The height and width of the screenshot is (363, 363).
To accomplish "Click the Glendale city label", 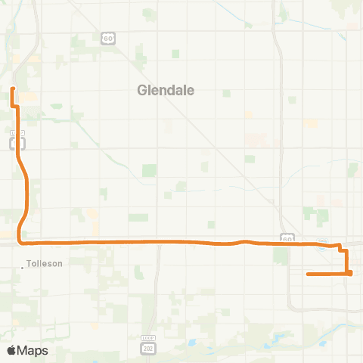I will click(166, 90).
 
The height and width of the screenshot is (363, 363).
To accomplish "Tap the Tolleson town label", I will click(45, 264).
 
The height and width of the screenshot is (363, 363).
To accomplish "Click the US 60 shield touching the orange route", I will click(287, 237).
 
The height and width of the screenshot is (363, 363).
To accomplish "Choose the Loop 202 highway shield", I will click(148, 346).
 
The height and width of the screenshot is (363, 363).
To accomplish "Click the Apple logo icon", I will click(12, 350).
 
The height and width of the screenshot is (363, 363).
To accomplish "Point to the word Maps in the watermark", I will click(33, 350).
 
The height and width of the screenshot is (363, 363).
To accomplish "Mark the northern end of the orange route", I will click(12, 89).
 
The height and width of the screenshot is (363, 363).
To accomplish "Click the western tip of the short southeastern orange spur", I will click(308, 274).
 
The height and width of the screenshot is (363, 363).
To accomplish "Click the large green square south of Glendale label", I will click(149, 170).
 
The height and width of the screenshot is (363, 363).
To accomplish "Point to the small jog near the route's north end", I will click(15, 107).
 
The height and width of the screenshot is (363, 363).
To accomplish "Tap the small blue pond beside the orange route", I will click(324, 244).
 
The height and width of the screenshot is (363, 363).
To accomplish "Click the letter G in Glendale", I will click(142, 90).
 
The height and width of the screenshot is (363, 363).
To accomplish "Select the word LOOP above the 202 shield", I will click(148, 337).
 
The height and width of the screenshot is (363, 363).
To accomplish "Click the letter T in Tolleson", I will click(29, 264).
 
